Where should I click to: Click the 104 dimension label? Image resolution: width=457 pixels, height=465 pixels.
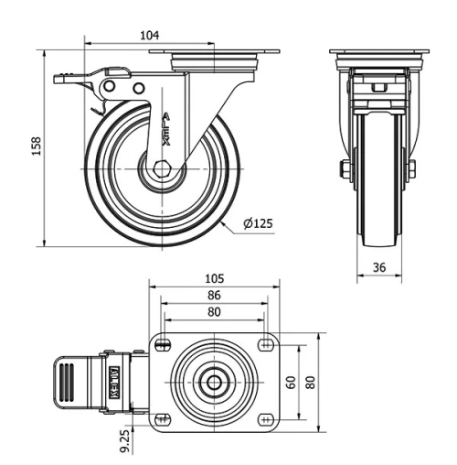pyautogui.click(x=149, y=35)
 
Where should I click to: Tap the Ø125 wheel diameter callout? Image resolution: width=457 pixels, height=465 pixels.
pyautogui.click(x=260, y=222)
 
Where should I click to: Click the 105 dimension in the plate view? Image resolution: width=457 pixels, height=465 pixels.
pyautogui.click(x=213, y=278)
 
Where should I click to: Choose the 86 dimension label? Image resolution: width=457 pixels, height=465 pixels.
pyautogui.click(x=213, y=296)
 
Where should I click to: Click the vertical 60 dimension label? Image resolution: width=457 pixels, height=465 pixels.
pyautogui.click(x=292, y=382)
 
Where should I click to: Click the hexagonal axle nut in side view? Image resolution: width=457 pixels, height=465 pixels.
pyautogui.click(x=162, y=170)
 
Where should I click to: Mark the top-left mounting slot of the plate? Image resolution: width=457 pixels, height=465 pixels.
pyautogui.click(x=164, y=344)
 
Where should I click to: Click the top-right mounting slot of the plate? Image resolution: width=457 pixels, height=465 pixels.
pyautogui.click(x=266, y=344)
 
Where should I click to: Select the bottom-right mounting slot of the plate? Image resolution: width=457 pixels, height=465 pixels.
pyautogui.click(x=266, y=420)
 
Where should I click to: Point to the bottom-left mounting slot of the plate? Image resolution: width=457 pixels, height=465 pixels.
pyautogui.click(x=164, y=420)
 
